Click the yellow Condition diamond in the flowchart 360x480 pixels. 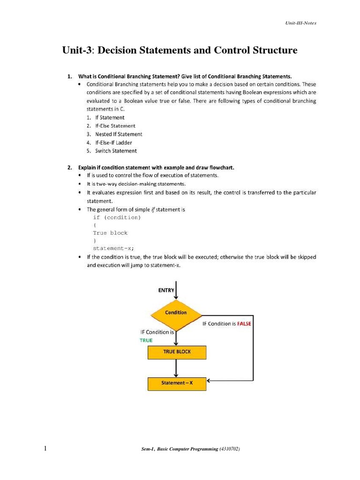[x=176, y=313]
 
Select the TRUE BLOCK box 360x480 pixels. [x=177, y=352]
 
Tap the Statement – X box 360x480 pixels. [x=177, y=383]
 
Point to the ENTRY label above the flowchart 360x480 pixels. [x=166, y=290]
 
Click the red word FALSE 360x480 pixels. [x=244, y=324]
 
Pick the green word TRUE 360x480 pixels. [x=146, y=340]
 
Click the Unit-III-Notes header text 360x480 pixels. [x=301, y=23]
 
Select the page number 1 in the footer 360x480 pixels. [x=45, y=449]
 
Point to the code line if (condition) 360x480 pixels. [x=117, y=217]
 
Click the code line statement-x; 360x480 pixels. [x=117, y=248]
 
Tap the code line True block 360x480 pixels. [x=110, y=233]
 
